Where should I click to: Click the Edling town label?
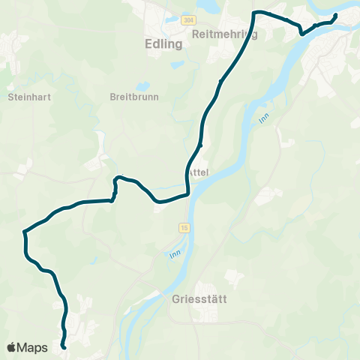pos(163,44)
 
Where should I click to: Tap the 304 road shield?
pos(188,20)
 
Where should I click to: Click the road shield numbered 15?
pos(184,226)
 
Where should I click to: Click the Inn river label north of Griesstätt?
pos(175,256)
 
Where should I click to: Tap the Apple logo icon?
pos(12,347)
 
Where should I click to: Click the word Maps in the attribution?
pos(33,347)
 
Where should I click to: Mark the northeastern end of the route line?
pos(335,15)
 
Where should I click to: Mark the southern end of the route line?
pos(64,347)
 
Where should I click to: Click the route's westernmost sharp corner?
pos(25,232)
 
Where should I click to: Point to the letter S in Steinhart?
pos(10,96)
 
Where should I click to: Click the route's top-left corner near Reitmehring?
pos(254,13)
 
